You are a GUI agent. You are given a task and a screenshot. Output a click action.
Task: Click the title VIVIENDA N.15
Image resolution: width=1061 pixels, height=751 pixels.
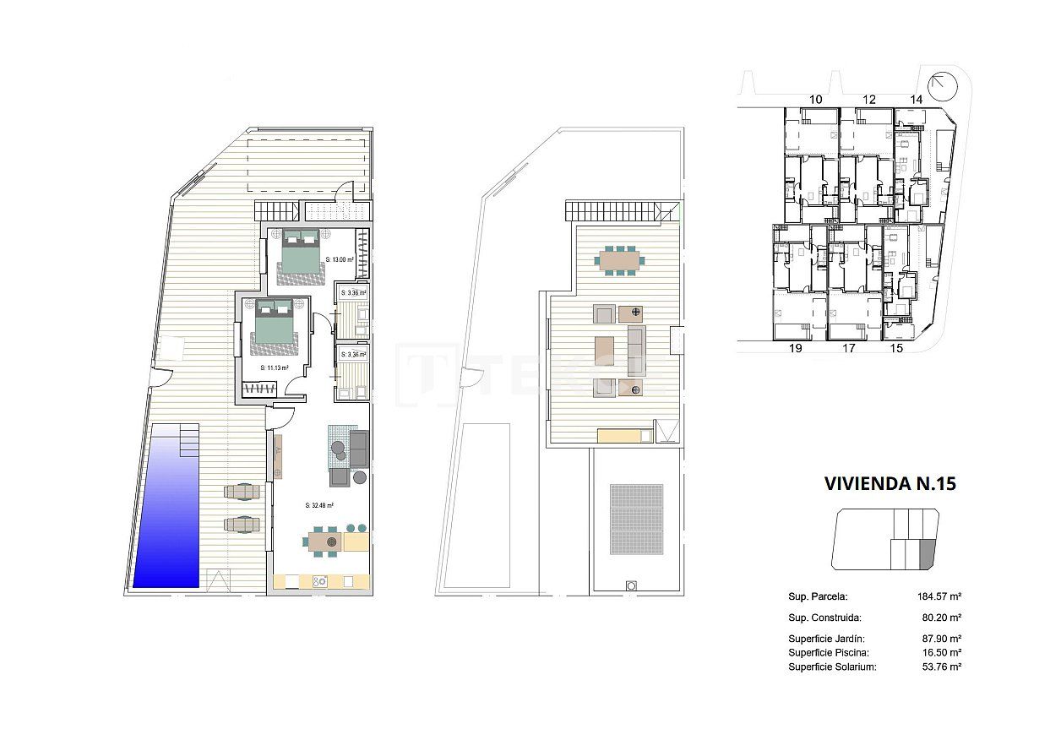(890, 484)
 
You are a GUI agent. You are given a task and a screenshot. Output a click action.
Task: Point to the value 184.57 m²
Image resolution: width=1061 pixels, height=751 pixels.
(939, 596)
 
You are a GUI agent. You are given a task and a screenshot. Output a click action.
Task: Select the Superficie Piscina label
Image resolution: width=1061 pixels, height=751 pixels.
(829, 653)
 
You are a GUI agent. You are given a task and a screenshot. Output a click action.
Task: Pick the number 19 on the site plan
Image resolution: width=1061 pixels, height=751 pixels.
(794, 347)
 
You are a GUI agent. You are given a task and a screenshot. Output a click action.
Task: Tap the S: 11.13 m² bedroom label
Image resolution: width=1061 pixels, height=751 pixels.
(275, 368)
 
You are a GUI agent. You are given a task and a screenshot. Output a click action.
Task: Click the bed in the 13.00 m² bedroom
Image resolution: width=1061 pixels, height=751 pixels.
(300, 250)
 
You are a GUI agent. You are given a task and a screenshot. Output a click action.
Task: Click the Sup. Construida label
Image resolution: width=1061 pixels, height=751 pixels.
(824, 618)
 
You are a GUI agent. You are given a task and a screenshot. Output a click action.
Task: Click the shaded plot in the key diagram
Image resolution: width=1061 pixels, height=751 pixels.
(928, 553)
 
